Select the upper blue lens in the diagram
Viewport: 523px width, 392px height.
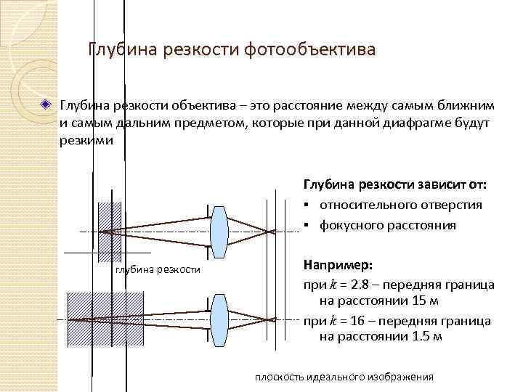tap(219, 232)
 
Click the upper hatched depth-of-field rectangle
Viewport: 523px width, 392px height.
tap(110, 231)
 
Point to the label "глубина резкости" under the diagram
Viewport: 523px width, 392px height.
tap(158, 270)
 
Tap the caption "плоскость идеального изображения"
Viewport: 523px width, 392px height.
tap(344, 377)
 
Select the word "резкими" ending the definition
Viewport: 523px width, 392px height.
tap(86, 140)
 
